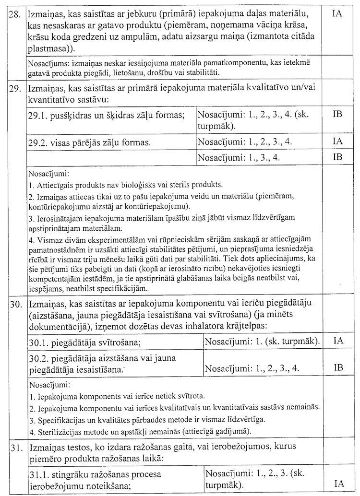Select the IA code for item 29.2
pos(337,141)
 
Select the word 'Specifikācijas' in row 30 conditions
pos(60,419)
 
